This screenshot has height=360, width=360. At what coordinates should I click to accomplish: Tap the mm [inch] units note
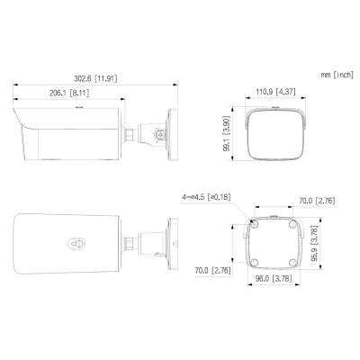pyautogui.click(x=334, y=75)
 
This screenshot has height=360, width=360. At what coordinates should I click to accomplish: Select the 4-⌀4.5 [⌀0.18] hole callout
pyautogui.click(x=206, y=195)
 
